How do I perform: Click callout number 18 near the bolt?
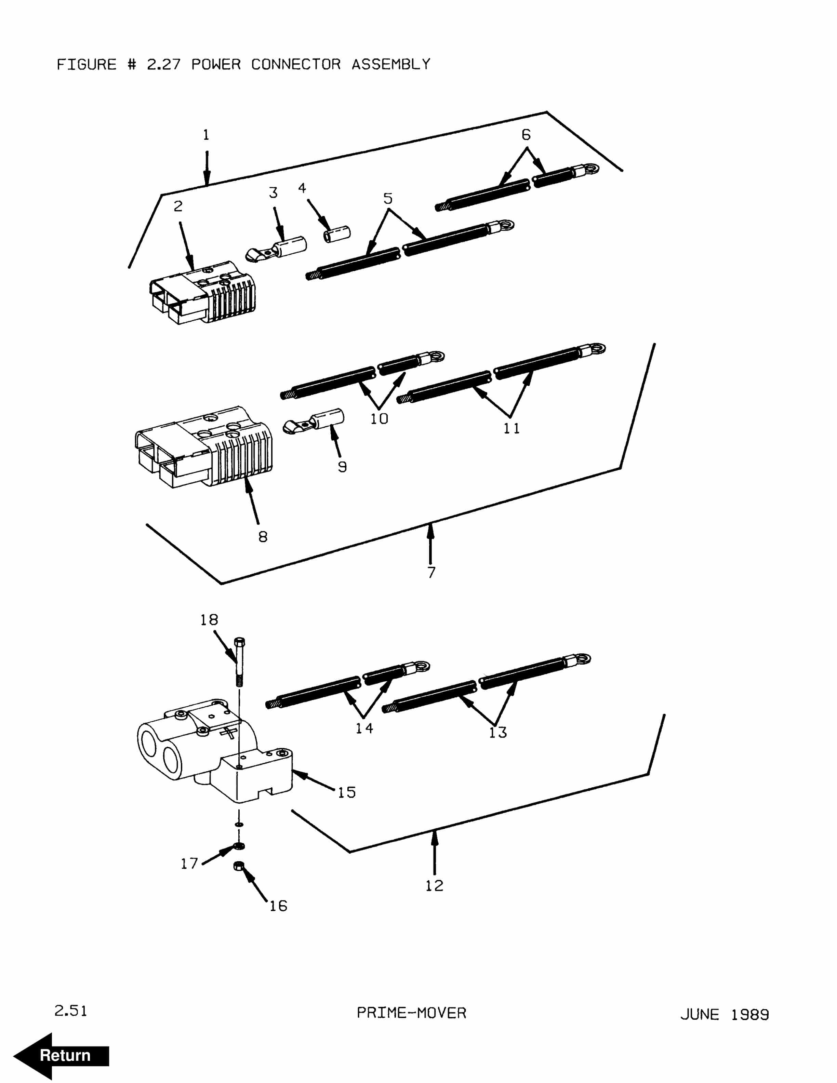point(209,620)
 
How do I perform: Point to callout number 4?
point(302,188)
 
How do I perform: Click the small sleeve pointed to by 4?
point(337,233)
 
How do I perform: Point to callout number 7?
point(431,572)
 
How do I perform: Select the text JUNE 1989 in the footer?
point(725,1015)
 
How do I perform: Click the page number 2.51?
point(70,1011)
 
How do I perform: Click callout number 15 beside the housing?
point(347,792)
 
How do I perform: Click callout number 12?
point(434,886)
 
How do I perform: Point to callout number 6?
point(526,135)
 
